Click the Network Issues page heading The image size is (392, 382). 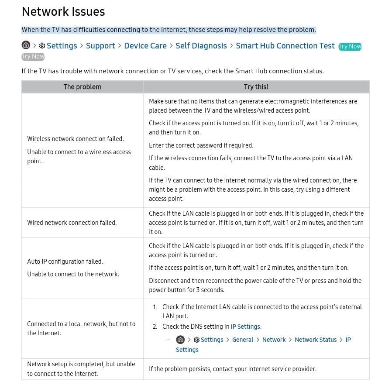tap(63, 12)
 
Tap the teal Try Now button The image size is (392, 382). tap(350, 46)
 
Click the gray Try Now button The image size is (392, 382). tap(33, 56)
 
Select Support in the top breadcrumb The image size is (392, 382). tap(100, 46)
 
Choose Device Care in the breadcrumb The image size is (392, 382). tap(145, 46)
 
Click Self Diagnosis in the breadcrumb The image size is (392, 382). tap(201, 46)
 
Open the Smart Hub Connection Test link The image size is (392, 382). tap(285, 46)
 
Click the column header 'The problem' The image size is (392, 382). tap(83, 87)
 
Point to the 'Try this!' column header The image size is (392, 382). tap(256, 87)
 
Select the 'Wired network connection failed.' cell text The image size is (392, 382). tap(72, 223)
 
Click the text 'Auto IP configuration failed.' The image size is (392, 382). tap(65, 262)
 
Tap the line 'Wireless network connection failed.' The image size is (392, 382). tap(76, 139)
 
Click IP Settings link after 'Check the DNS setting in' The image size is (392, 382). tap(245, 327)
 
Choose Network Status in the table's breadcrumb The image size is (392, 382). tap(316, 340)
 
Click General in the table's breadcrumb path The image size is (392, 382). tap(243, 340)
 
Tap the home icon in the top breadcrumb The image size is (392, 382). tap(26, 45)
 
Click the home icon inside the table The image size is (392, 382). tap(180, 340)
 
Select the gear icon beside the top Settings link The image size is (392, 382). tap(42, 46)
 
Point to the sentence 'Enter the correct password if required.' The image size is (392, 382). tap(201, 145)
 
